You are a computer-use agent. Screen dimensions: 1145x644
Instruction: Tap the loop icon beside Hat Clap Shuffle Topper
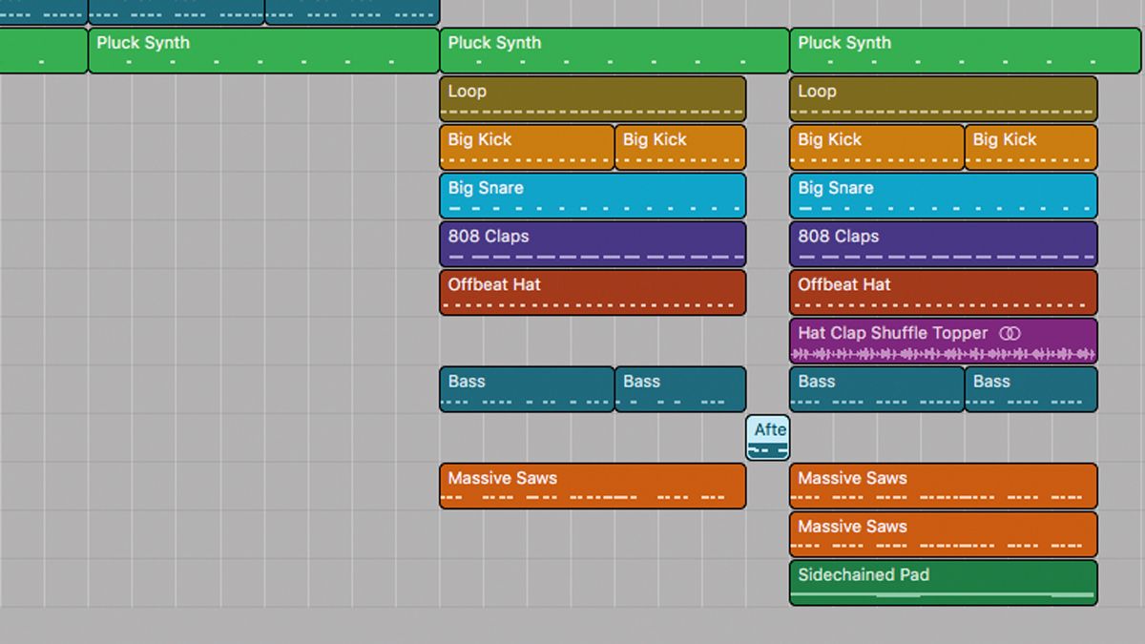[x=1010, y=334]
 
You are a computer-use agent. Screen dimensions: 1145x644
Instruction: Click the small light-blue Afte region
[x=767, y=437]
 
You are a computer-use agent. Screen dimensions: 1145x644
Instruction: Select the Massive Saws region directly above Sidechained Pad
[x=943, y=534]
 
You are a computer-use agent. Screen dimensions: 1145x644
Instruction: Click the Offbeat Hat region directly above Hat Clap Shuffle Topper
[x=943, y=292]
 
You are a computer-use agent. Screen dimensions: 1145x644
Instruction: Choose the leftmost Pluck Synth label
[x=143, y=43]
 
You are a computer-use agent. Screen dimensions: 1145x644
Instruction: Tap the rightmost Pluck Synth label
[x=844, y=43]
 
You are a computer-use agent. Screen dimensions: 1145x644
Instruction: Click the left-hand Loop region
[x=593, y=98]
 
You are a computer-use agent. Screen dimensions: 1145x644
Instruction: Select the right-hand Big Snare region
[x=943, y=196]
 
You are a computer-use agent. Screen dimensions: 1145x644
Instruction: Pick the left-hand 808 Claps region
[x=593, y=243]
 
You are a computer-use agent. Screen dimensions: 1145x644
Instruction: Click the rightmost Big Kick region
[x=1030, y=147]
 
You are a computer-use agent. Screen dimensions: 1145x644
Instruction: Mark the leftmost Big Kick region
[x=527, y=147]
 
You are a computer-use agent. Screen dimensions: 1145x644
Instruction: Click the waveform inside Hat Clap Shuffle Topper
[x=943, y=355]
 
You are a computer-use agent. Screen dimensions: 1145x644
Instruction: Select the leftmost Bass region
[x=527, y=389]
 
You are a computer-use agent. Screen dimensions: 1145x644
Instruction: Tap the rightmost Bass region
[x=1030, y=389]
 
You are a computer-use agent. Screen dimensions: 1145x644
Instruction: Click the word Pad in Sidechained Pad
[x=913, y=574]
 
